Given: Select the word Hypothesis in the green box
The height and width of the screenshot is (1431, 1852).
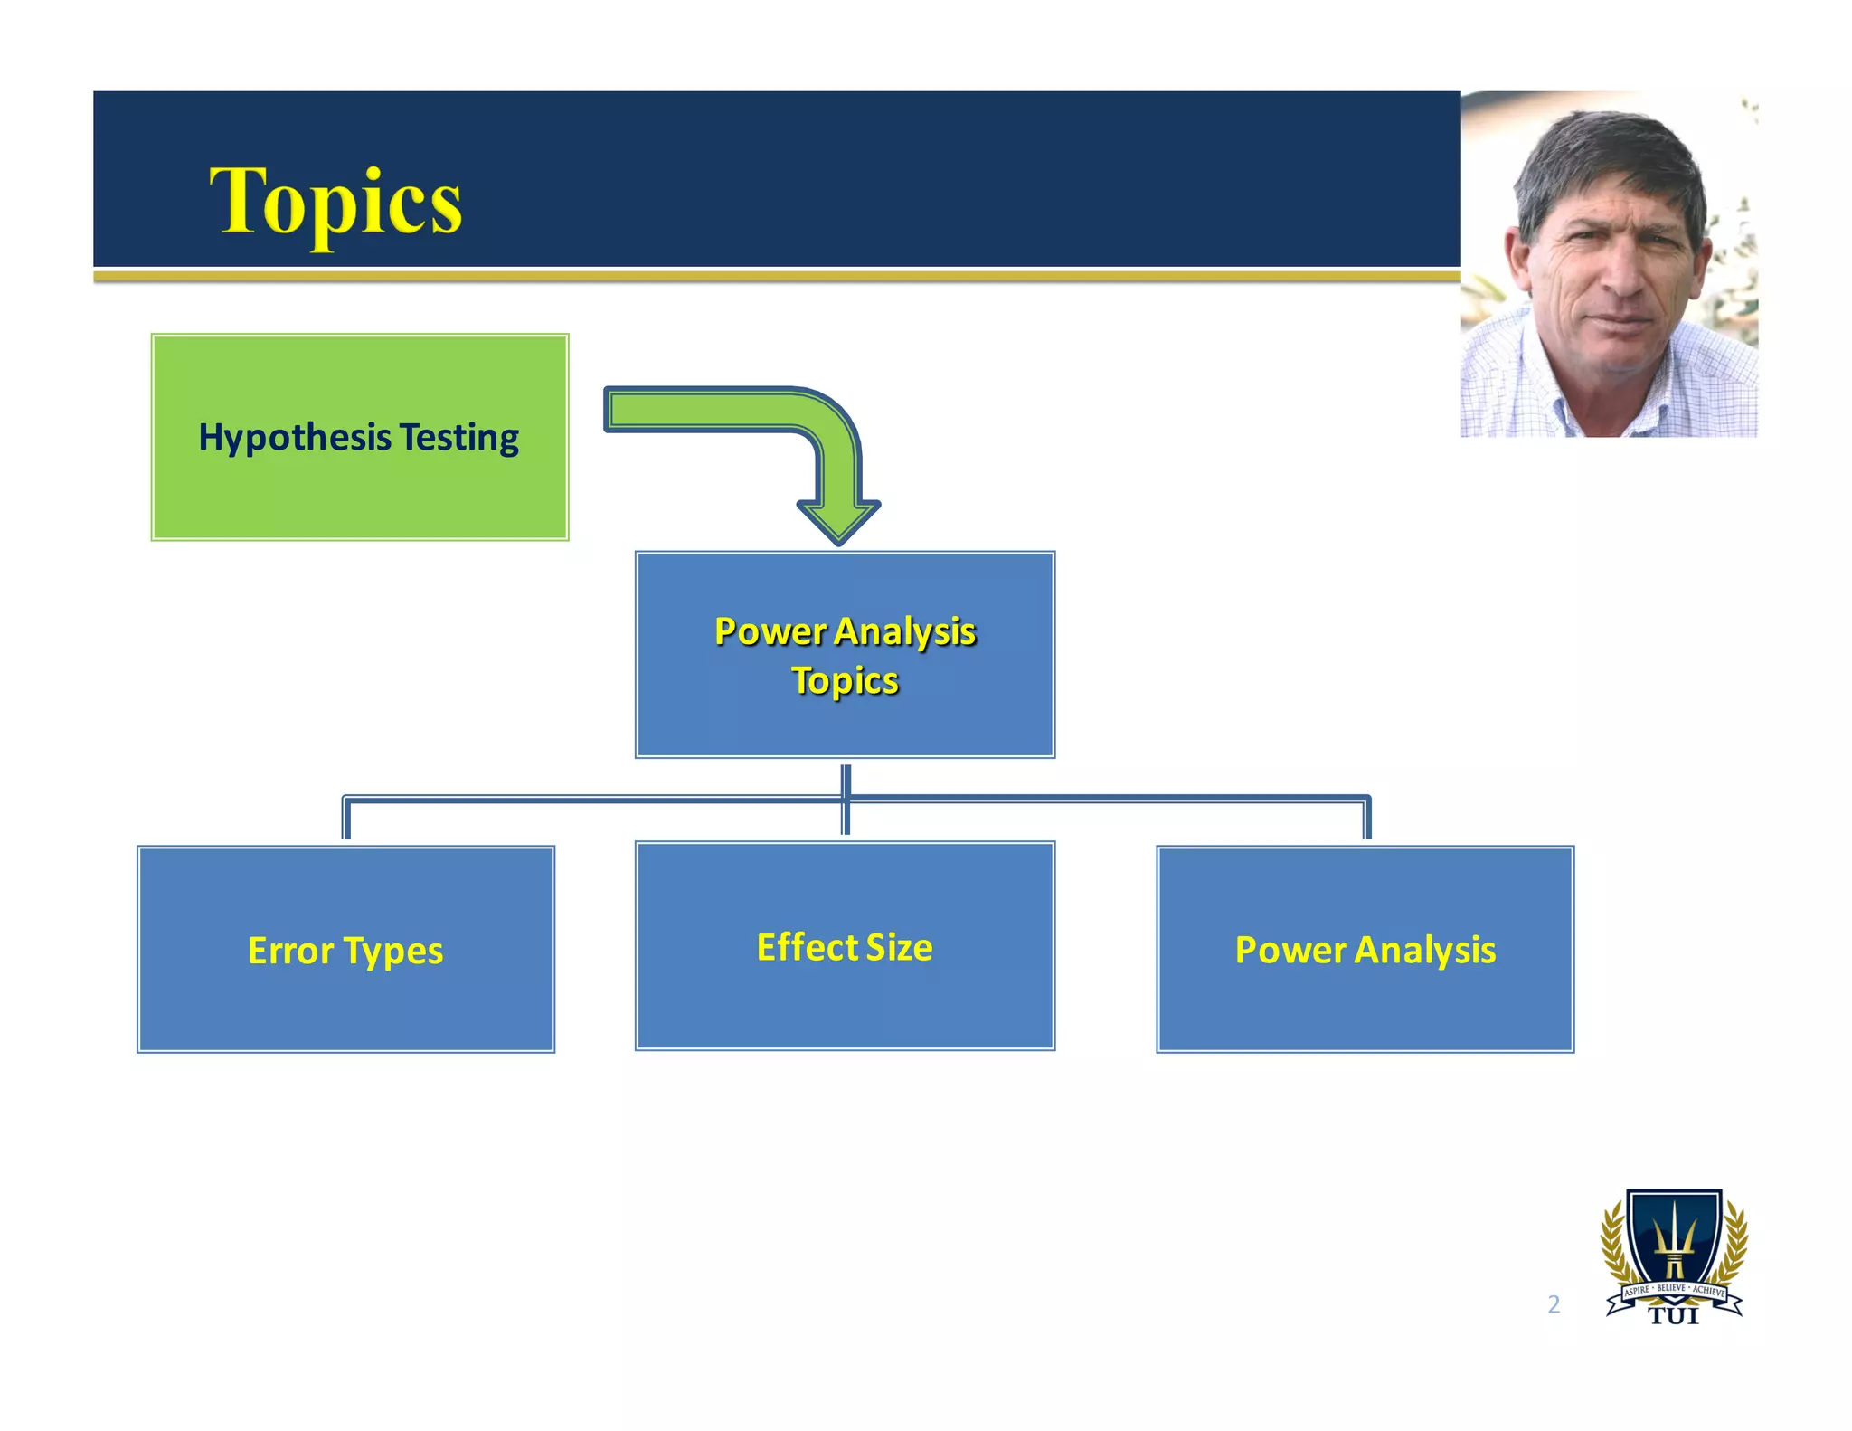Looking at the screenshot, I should (295, 438).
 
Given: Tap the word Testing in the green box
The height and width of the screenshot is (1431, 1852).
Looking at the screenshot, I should (459, 438).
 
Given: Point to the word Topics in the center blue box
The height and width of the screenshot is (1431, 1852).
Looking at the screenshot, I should (846, 681).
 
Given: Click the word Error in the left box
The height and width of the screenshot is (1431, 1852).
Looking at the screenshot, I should (291, 951).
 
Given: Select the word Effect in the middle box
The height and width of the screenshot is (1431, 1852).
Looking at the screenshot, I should (807, 947).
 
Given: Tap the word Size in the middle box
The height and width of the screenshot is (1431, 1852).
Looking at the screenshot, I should (900, 947).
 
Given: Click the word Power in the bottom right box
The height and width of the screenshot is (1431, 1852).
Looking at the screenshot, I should (1290, 950).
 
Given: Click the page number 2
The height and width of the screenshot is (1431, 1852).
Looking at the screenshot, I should (1554, 1304).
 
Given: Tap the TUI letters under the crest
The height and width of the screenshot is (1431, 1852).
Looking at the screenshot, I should (1674, 1316).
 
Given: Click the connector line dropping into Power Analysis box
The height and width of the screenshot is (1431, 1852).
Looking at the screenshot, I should (1367, 820).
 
